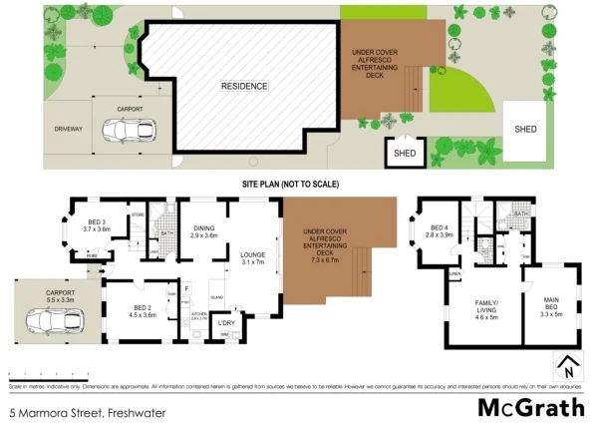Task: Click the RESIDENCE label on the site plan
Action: coord(244,87)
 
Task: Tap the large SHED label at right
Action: coord(524,129)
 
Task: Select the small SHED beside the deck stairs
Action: coord(405,153)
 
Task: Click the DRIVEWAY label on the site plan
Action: coord(69,130)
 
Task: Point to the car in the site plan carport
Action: coord(131,130)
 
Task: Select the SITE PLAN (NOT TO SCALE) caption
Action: coord(290,185)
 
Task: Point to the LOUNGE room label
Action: coord(252,257)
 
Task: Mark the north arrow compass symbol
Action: coord(567,365)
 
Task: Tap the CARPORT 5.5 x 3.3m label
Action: coord(61,296)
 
